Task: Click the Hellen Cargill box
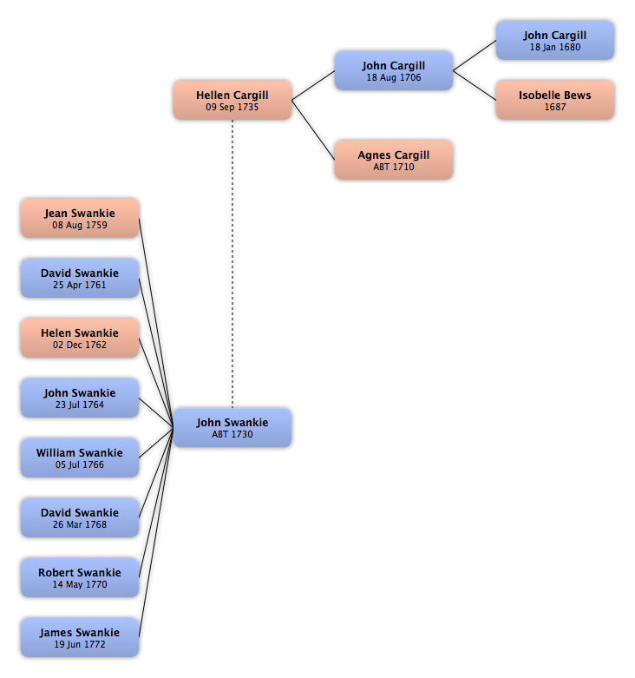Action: click(x=232, y=100)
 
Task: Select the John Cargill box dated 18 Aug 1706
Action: click(x=394, y=70)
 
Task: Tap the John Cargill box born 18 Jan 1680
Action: click(x=555, y=40)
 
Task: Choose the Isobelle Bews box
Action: click(x=555, y=100)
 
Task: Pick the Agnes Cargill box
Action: click(x=394, y=160)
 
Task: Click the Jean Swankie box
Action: click(x=80, y=219)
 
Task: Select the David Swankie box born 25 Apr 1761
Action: click(x=80, y=278)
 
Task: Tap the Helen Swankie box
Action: click(x=80, y=339)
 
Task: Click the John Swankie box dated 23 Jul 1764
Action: click(x=80, y=398)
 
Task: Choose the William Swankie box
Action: click(x=80, y=457)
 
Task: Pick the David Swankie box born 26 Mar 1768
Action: click(x=80, y=517)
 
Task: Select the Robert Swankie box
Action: click(x=80, y=577)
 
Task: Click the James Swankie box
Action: click(x=80, y=637)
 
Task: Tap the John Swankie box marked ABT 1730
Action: click(x=232, y=428)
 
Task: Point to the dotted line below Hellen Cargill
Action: click(x=232, y=264)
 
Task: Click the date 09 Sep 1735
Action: click(x=232, y=107)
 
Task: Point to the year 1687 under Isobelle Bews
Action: click(x=555, y=107)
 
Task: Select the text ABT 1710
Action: click(x=394, y=167)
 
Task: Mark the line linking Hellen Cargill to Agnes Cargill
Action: click(x=313, y=130)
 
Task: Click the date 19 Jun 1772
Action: click(x=80, y=644)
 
